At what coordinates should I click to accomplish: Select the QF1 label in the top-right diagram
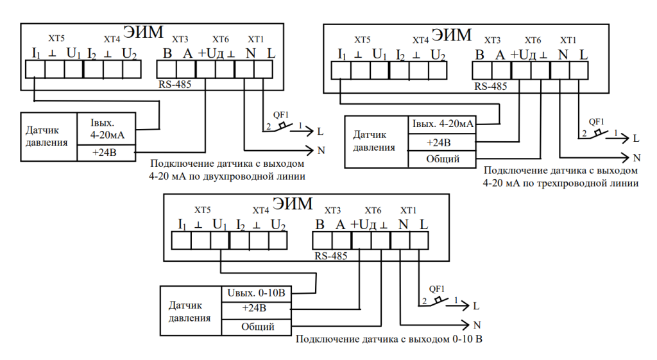click(597, 121)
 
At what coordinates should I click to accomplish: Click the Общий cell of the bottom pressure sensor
click(258, 327)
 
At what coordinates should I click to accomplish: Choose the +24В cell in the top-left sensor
click(105, 152)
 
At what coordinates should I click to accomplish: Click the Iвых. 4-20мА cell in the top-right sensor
click(441, 124)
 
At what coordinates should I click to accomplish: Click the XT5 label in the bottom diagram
click(203, 210)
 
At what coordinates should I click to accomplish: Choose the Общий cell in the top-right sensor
click(442, 159)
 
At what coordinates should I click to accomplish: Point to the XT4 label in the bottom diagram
click(260, 210)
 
